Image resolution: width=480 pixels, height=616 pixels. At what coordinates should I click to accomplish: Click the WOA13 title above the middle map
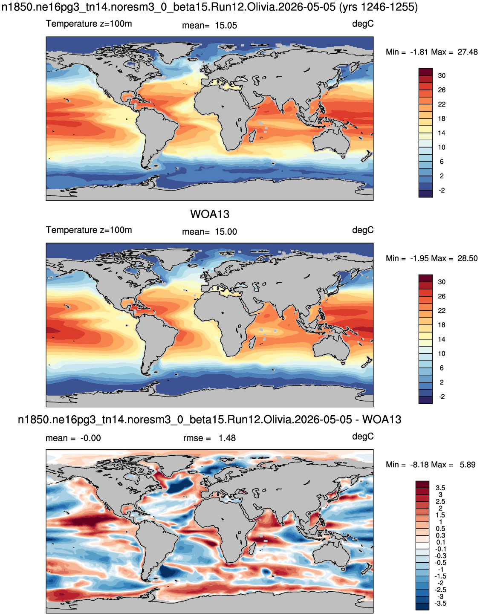click(210, 214)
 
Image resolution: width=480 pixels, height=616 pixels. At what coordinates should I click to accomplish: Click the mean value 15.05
click(226, 26)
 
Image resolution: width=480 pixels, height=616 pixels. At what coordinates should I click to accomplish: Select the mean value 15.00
click(226, 231)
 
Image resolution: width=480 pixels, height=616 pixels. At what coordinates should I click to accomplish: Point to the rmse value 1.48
click(227, 438)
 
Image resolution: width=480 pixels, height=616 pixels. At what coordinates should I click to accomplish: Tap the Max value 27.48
click(468, 52)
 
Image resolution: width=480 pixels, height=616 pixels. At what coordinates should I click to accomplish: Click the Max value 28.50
click(468, 258)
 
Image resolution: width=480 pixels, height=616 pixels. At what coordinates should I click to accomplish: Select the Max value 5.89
click(468, 465)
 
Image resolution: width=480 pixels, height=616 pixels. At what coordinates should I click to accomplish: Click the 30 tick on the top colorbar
click(442, 76)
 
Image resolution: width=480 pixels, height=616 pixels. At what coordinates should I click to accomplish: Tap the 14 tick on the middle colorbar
click(442, 339)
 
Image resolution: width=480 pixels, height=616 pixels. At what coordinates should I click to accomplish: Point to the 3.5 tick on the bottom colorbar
click(440, 488)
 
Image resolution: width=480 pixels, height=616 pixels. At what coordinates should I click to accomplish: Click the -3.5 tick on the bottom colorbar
click(440, 604)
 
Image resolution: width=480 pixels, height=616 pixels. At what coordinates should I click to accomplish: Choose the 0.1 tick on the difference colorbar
click(440, 542)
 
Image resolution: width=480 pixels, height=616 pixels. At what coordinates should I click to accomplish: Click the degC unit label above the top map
click(363, 24)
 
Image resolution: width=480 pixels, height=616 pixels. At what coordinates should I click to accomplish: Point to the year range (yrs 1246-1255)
click(378, 7)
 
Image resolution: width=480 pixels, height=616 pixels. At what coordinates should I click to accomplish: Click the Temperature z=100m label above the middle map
click(89, 230)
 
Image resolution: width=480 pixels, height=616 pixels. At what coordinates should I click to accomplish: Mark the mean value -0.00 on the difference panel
click(91, 438)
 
